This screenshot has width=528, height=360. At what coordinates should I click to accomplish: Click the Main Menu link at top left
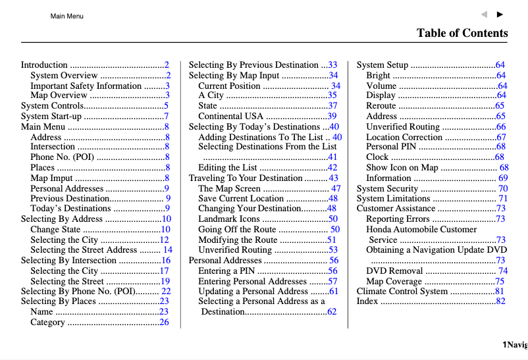pyautogui.click(x=66, y=16)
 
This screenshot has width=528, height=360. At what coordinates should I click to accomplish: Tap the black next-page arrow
pyautogui.click(x=500, y=14)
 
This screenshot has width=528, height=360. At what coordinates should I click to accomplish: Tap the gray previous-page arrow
pyautogui.click(x=484, y=14)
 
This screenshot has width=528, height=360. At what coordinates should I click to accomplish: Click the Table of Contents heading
pyautogui.click(x=462, y=33)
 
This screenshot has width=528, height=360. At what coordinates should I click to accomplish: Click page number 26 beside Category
pyautogui.click(x=164, y=322)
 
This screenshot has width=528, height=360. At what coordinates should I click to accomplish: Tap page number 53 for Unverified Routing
pyautogui.click(x=332, y=250)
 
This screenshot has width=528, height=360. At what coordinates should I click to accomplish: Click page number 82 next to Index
pyautogui.click(x=500, y=301)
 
